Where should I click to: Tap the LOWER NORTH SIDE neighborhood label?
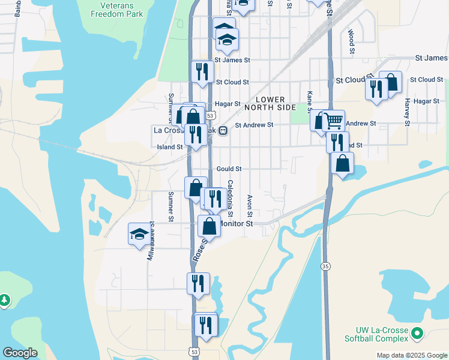tap(276, 103)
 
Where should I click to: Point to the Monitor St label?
tap(237, 223)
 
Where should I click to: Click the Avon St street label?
tap(249, 205)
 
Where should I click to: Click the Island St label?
tap(170, 147)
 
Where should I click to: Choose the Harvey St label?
tap(407, 108)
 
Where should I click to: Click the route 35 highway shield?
tap(326, 266)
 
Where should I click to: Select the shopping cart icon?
tap(334, 120)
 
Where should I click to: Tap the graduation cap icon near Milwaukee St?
tap(139, 234)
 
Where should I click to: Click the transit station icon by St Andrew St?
tap(222, 130)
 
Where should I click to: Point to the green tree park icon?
tap(4, 299)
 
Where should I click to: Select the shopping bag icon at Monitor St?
tap(209, 226)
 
